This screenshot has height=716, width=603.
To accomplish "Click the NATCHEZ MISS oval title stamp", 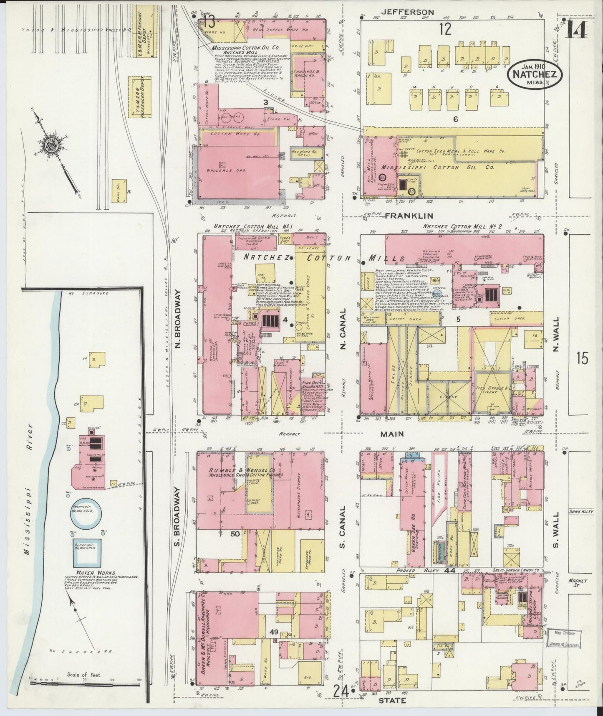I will [x=535, y=74].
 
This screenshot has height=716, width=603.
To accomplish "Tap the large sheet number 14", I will [x=578, y=29].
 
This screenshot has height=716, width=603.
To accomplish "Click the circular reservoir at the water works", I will [x=85, y=515].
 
